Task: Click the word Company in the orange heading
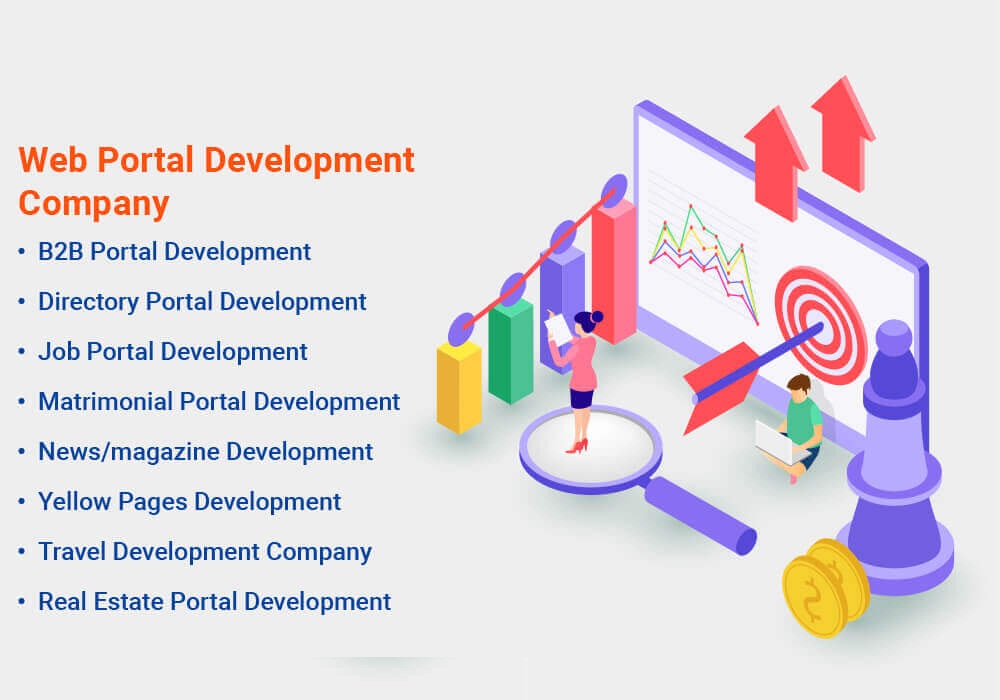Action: coord(94,203)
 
